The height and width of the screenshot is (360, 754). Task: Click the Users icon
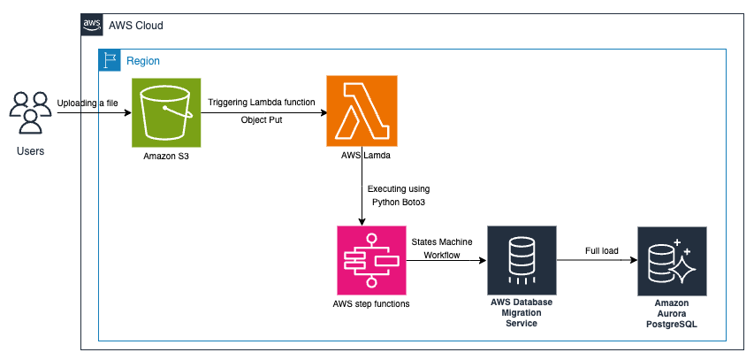(30, 111)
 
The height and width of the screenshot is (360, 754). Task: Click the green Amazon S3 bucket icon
(167, 111)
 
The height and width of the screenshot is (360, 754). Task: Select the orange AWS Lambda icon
(362, 111)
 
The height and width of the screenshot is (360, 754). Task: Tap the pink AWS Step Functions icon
(371, 260)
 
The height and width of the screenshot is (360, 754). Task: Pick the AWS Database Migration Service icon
(522, 260)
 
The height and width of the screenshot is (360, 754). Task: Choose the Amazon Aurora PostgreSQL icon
(672, 261)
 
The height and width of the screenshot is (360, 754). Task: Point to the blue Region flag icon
(110, 61)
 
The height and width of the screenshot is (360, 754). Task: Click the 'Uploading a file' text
(88, 103)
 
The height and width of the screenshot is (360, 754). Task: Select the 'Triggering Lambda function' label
(261, 103)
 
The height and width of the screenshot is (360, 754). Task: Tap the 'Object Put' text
(262, 119)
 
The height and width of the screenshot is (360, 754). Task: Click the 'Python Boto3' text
(399, 203)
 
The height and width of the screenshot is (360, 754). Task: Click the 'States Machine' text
(442, 241)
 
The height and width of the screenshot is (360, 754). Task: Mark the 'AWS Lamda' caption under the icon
(362, 156)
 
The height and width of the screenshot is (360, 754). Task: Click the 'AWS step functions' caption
(371, 304)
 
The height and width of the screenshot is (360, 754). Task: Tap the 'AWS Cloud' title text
(135, 26)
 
